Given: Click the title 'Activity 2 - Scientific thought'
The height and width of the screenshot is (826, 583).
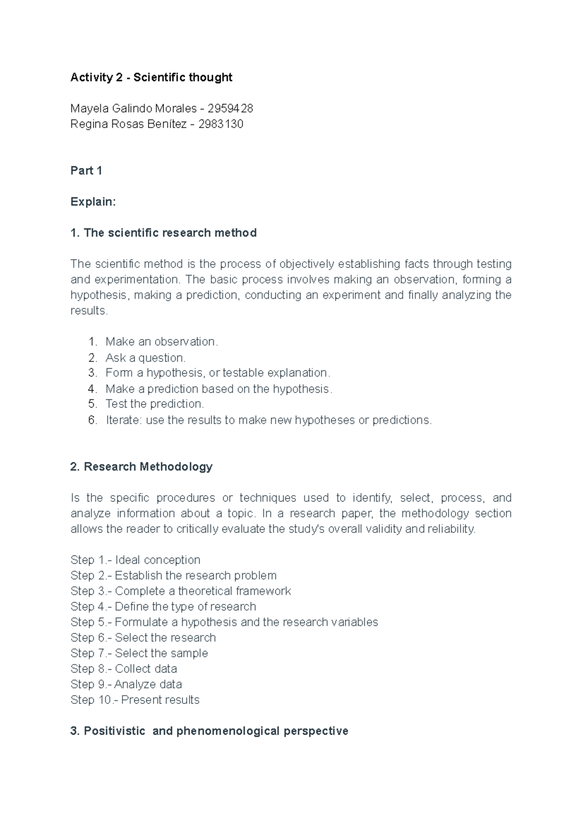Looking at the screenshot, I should tap(151, 77).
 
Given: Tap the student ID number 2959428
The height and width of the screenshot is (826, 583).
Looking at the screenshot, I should tap(230, 108).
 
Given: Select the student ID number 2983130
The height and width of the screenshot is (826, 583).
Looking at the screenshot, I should tap(221, 124).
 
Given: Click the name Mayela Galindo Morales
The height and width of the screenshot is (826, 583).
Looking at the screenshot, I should tap(133, 108).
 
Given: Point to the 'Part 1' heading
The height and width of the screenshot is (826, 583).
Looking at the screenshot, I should tap(86, 171).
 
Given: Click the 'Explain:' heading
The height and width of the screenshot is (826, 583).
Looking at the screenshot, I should tap(93, 202).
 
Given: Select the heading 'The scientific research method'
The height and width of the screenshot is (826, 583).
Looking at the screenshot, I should tap(170, 233).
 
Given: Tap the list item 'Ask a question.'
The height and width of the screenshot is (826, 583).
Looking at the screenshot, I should tap(145, 358).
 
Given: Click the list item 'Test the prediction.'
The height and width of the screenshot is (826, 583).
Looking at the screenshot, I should tap(154, 404).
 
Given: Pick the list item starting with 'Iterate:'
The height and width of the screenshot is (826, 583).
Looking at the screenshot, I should tap(268, 420).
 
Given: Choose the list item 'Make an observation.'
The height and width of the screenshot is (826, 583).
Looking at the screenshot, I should tap(162, 342).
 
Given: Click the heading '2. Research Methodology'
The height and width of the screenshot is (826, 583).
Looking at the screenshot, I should tap(141, 467).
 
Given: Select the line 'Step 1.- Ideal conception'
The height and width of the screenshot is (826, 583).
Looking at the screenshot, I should tap(135, 560).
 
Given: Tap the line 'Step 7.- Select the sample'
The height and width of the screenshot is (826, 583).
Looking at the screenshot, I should tap(139, 653).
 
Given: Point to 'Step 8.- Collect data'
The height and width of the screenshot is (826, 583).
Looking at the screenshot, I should tap(123, 669).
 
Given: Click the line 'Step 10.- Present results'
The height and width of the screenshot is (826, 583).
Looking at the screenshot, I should tap(135, 700).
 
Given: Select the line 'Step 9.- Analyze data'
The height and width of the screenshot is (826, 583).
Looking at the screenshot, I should tap(126, 684).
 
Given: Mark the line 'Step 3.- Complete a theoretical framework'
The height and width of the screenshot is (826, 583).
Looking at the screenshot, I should tap(180, 591).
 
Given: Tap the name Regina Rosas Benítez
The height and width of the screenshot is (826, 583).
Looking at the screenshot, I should tap(128, 124).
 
